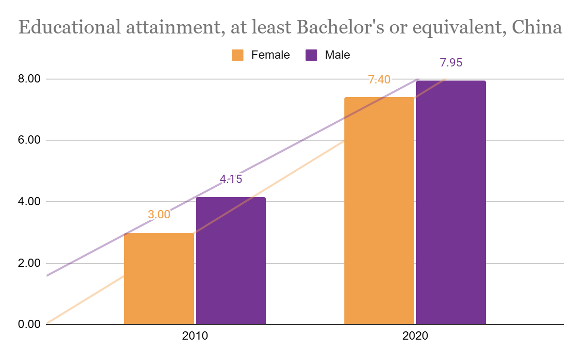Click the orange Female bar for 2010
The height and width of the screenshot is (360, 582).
point(159,278)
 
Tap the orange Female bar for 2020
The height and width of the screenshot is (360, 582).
point(379,211)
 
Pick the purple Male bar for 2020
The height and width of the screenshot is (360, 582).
point(451,202)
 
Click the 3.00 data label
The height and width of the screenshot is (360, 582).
point(159,214)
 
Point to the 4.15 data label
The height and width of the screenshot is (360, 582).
point(231,179)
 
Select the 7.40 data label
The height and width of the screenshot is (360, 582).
point(379,80)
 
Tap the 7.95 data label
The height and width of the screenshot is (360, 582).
point(451,63)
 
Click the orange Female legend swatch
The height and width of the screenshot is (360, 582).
point(238,55)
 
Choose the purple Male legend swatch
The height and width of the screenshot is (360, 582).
point(311,55)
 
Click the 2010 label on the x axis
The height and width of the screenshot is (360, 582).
point(195,336)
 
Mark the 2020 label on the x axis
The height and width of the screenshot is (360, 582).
point(415,336)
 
